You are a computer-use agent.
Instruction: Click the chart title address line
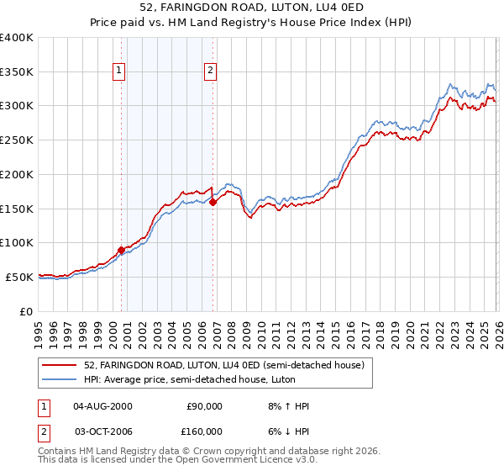click(x=252, y=8)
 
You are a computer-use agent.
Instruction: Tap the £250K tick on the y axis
click(x=17, y=140)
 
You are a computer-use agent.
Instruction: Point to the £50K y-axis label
click(x=19, y=277)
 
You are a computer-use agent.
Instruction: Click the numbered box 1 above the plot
click(x=120, y=71)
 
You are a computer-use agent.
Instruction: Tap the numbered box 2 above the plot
click(x=210, y=71)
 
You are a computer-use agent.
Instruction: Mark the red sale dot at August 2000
click(x=121, y=250)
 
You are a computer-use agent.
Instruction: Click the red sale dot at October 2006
click(x=213, y=202)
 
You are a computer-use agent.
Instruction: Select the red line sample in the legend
click(x=60, y=365)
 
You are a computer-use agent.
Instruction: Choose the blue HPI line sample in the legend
click(x=60, y=379)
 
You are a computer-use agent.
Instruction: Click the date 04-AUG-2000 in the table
click(x=102, y=406)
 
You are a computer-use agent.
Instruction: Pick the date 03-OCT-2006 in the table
click(x=102, y=431)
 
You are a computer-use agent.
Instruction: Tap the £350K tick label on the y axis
click(x=17, y=72)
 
